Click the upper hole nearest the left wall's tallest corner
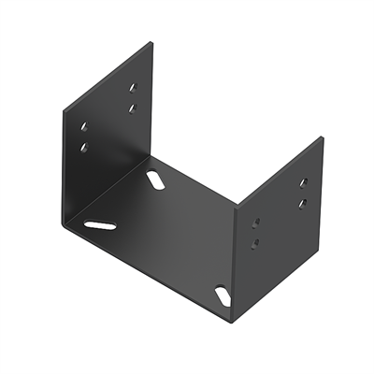click(x=133, y=87)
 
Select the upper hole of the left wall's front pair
click(x=84, y=125)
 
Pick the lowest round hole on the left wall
click(x=85, y=147)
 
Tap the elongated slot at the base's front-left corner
click(x=100, y=224)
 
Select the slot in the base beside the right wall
click(x=223, y=295)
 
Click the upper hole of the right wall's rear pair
click(x=302, y=183)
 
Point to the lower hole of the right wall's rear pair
click(x=301, y=202)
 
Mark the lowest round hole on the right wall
click(x=257, y=243)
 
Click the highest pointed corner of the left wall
click(x=151, y=41)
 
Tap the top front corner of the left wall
click(x=63, y=110)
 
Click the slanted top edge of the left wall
click(x=107, y=76)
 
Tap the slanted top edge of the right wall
click(x=280, y=171)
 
